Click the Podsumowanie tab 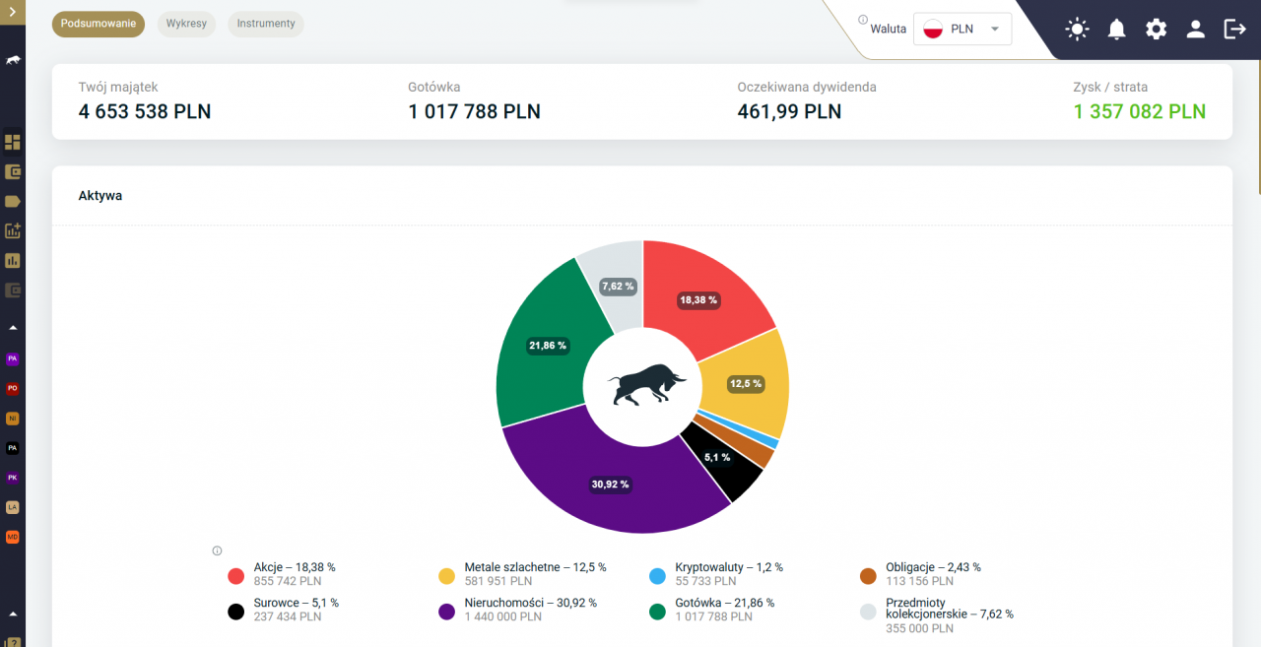98,24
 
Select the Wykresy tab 186,24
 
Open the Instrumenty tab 266,24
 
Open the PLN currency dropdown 962,29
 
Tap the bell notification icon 1116,29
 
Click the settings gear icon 1156,29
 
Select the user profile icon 1195,29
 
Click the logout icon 1234,29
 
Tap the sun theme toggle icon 1077,29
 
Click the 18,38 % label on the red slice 698,300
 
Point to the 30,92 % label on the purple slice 610,485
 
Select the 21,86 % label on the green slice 547,346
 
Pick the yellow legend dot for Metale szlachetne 446,576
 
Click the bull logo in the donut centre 646,385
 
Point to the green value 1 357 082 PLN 1140,111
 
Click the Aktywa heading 100,196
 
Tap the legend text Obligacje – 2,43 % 933,567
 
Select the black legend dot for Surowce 235,612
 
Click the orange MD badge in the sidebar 13,537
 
